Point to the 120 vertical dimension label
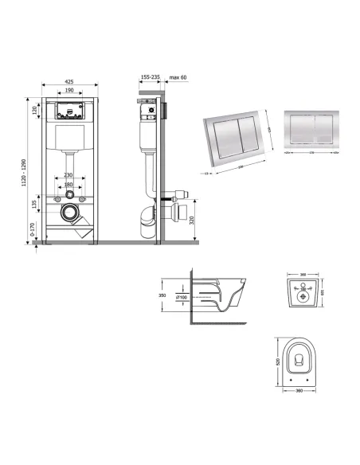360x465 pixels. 35,111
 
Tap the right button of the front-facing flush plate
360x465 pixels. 316,127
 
